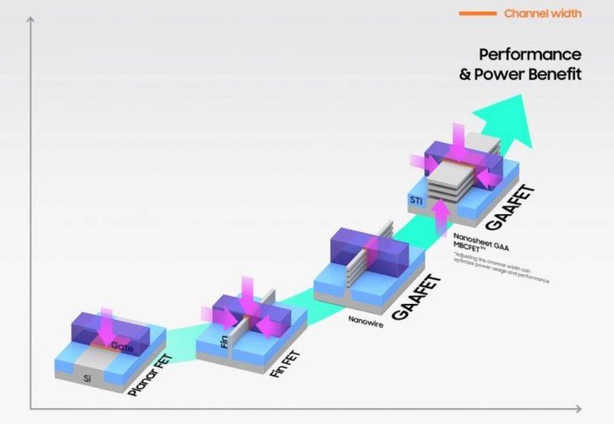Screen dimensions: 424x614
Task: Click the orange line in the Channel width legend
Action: pyautogui.click(x=477, y=13)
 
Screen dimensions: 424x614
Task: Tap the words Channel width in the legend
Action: pyautogui.click(x=542, y=13)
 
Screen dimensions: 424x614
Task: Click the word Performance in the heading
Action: pyautogui.click(x=530, y=54)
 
